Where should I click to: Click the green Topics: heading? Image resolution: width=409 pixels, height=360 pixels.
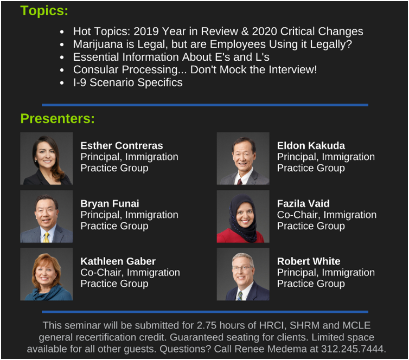point(44,11)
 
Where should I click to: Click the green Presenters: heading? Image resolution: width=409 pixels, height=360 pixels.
point(57,119)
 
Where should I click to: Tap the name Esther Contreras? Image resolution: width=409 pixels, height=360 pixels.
point(122,146)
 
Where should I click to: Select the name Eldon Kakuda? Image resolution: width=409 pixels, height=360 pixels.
point(311,146)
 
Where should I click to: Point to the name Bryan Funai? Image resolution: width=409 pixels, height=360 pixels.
point(110,204)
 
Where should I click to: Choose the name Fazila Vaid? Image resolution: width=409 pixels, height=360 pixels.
point(303,204)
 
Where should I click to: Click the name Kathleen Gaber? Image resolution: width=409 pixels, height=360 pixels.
point(118,261)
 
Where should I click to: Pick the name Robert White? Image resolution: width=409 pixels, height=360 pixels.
point(309,261)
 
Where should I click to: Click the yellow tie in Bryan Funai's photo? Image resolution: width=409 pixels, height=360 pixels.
point(46,237)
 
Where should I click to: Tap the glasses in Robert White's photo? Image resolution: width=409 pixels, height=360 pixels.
point(242,268)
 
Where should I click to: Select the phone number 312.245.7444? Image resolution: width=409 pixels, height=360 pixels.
point(353,349)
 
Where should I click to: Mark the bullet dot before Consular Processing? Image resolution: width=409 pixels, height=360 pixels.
point(62,70)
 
